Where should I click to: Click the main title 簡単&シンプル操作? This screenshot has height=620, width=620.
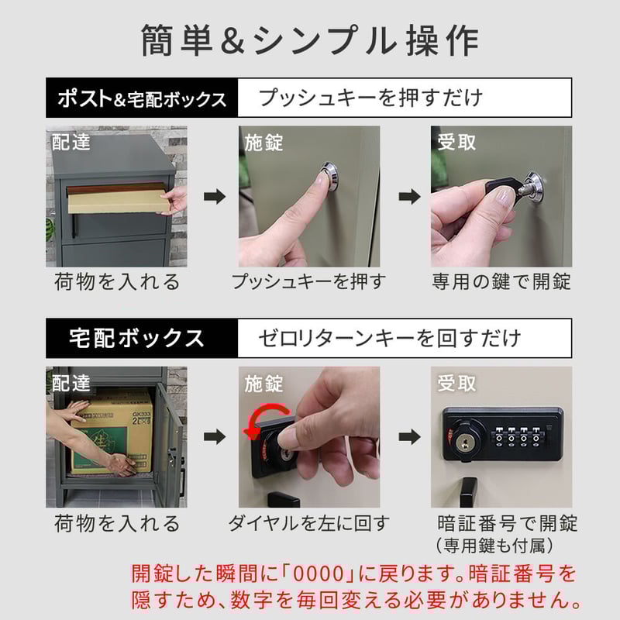[x=310, y=40]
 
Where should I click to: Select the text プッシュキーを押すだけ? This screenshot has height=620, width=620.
[x=370, y=98]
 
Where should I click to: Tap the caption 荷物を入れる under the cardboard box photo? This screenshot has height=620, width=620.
[x=116, y=523]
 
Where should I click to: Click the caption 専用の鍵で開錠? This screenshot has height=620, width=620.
[x=501, y=281]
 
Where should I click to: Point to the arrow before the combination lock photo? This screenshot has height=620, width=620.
[x=409, y=437]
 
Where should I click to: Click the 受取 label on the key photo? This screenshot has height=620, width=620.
[x=456, y=143]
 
